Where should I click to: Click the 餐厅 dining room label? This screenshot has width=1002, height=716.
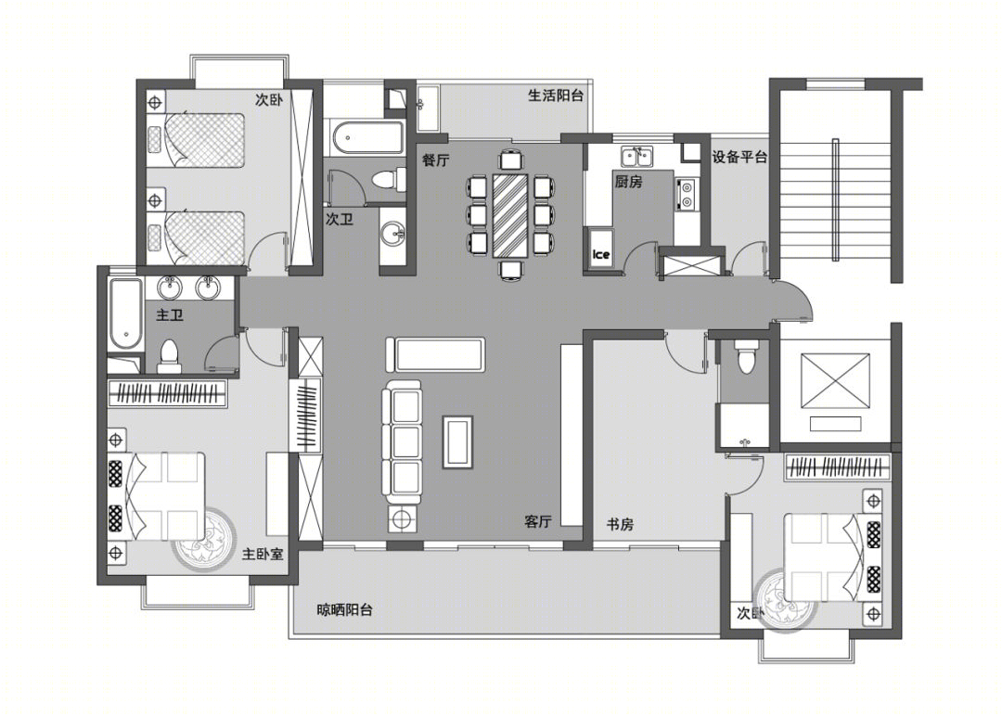point(436,160)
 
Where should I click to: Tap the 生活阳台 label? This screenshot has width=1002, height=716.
point(556,96)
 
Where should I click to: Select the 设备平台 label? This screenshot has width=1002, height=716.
point(739,157)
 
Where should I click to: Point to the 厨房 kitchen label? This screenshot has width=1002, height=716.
point(628,182)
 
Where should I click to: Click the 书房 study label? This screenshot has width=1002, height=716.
point(620,524)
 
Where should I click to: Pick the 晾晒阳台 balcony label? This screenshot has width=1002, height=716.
point(345,610)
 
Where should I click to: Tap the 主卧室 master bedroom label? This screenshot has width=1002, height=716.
point(262,554)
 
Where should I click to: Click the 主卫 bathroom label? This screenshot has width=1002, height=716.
point(170,315)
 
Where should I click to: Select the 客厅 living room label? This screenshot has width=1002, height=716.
point(538,521)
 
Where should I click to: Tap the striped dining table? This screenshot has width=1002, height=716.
point(510,214)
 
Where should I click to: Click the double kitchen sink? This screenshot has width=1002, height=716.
point(636,156)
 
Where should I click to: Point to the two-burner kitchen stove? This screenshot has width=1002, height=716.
point(687,194)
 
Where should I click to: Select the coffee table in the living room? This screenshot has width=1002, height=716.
point(458,442)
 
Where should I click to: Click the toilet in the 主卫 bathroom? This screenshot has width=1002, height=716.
point(169,357)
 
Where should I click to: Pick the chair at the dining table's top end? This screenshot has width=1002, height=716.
point(510,159)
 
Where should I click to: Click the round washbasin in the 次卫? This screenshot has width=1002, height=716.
point(392,234)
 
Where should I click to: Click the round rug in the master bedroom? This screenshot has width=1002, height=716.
point(203,540)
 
